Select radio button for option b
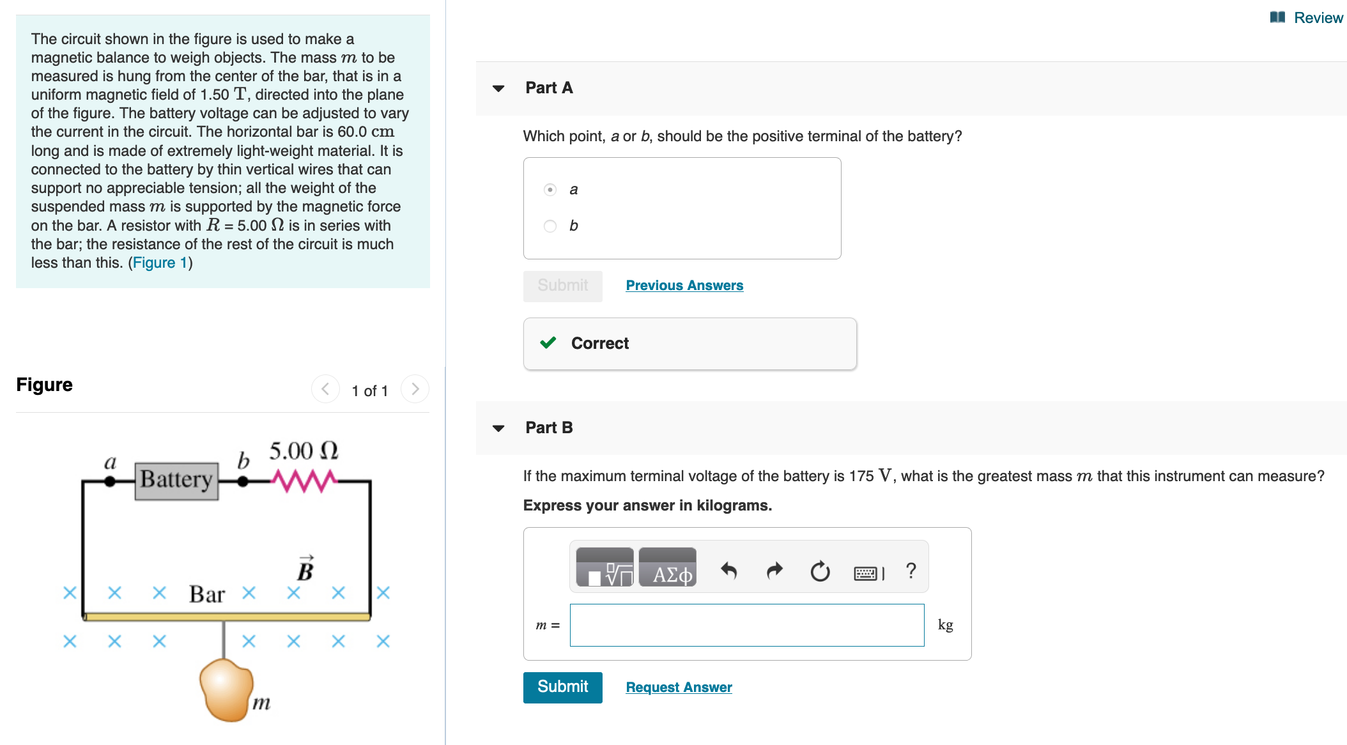tap(550, 226)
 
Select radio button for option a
tap(550, 190)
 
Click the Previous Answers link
tap(684, 286)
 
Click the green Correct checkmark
tap(548, 343)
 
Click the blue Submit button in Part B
tap(562, 687)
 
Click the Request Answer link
tap(679, 687)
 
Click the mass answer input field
tap(746, 625)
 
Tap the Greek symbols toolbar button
tap(668, 568)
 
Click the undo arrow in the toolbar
tap(728, 570)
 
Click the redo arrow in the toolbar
tap(774, 570)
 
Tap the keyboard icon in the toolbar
tap(868, 572)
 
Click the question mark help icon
tap(911, 570)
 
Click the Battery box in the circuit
tap(177, 480)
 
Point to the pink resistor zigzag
tap(304, 480)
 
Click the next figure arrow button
tap(415, 389)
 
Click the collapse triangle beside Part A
tap(498, 88)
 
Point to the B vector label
tap(305, 568)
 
